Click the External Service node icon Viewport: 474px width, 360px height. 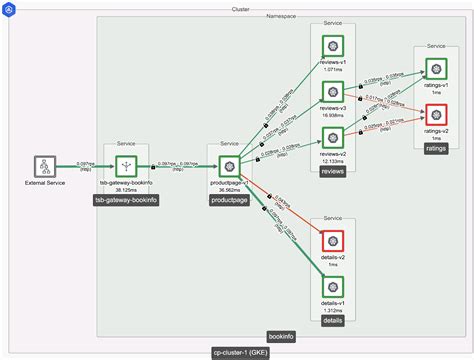pyautogui.click(x=43, y=166)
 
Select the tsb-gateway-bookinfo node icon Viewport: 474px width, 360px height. pyautogui.click(x=126, y=166)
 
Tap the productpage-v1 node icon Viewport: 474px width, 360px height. pyautogui.click(x=229, y=166)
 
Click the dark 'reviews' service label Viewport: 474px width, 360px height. pyautogui.click(x=333, y=172)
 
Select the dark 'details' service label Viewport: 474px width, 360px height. pyautogui.click(x=333, y=321)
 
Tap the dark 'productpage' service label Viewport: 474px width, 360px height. pyautogui.click(x=229, y=201)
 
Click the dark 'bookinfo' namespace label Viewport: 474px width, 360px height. pyautogui.click(x=281, y=337)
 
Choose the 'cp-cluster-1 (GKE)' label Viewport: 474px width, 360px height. pyautogui.click(x=238, y=353)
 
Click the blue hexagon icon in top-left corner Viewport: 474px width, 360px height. pyautogui.click(x=9, y=8)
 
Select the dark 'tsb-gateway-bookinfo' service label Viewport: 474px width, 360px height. pyautogui.click(x=126, y=201)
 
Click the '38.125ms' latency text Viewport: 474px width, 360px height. pyautogui.click(x=126, y=190)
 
